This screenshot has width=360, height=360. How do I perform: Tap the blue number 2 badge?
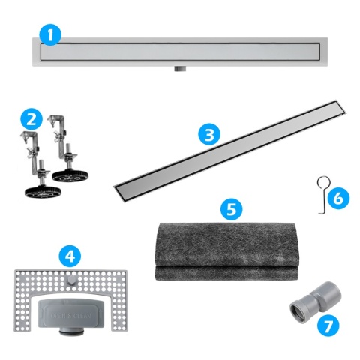(30, 118)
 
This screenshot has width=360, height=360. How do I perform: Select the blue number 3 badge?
(211, 134)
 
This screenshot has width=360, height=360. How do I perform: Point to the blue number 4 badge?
(70, 255)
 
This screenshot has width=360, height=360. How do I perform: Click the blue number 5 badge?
(234, 208)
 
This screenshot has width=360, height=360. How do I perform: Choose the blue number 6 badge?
(337, 198)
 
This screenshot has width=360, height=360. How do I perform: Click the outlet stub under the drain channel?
(179, 69)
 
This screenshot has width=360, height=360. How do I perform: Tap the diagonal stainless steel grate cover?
(225, 150)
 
